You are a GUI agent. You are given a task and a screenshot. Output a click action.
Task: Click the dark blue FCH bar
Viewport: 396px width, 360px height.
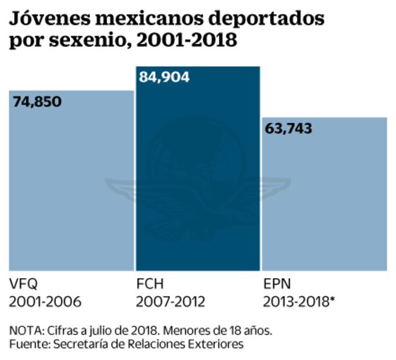tap(197, 174)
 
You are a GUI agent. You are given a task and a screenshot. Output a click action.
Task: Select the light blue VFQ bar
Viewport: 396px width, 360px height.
tap(71, 186)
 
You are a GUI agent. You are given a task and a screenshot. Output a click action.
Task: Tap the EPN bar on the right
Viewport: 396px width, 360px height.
tap(324, 197)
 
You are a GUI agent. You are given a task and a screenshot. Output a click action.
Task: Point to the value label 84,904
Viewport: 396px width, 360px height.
tap(164, 77)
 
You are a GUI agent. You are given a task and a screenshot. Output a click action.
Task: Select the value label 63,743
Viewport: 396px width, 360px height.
tap(288, 128)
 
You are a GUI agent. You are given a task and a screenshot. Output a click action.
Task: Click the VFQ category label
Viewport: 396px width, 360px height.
tap(23, 285)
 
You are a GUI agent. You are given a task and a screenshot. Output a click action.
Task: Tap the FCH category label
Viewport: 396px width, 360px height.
tap(150, 285)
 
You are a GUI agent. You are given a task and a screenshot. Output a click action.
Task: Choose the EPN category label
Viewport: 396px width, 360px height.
tap(276, 285)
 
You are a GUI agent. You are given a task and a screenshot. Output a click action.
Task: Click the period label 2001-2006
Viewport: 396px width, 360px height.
tap(45, 302)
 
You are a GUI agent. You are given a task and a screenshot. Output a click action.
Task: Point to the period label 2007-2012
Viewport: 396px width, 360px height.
tap(172, 302)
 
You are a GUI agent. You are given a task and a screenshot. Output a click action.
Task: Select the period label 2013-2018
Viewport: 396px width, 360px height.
tap(296, 302)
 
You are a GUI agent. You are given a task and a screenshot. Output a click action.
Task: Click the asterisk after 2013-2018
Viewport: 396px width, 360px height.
tap(334, 300)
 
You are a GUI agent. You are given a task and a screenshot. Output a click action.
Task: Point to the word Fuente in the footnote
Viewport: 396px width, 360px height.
tap(28, 344)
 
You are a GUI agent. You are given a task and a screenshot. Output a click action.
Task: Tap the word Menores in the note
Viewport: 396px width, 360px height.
tap(185, 330)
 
